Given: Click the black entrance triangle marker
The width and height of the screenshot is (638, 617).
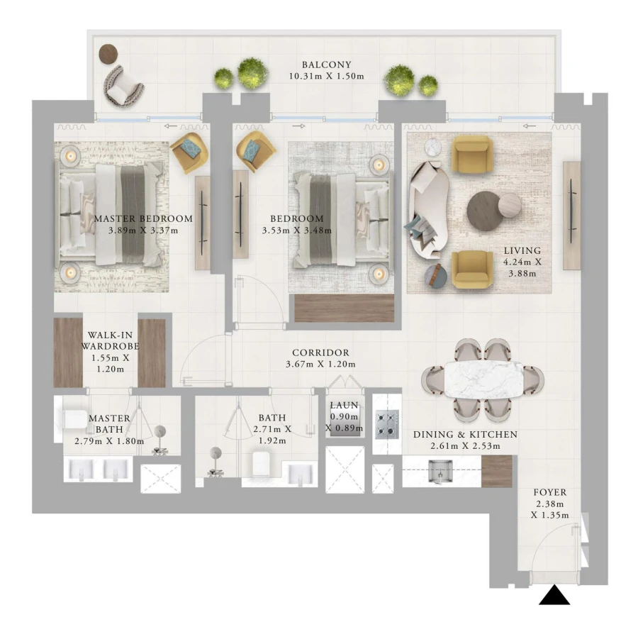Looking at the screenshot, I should click(554, 595).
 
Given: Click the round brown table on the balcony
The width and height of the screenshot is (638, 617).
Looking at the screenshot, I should click(108, 52).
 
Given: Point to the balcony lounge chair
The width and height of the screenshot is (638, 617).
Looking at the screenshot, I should click(124, 86).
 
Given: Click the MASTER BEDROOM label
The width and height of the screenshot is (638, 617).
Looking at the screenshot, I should click(143, 218).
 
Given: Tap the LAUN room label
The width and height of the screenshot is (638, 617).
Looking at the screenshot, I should click(344, 406).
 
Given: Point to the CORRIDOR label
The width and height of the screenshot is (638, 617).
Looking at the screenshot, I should click(321, 352).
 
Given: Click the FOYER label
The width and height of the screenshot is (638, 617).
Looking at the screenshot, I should click(549, 491).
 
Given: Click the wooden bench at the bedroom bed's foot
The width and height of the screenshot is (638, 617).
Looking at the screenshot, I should click(344, 308).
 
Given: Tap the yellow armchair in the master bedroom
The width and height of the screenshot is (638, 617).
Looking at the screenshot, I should click(188, 152).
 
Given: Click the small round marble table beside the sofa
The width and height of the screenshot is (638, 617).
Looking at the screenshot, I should click(433, 147).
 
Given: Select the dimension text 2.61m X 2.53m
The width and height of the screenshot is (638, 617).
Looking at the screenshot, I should click(464, 446).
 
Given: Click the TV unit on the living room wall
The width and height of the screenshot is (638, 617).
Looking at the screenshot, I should click(571, 214).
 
